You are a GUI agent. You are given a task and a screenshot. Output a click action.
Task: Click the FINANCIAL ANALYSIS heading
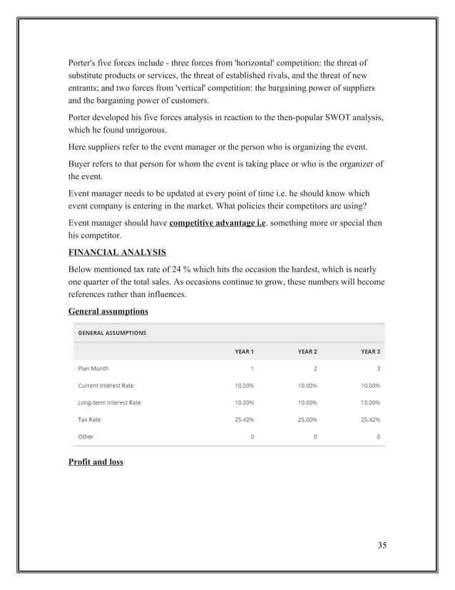click(x=117, y=251)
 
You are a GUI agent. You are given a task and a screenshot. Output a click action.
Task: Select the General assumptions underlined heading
click(x=108, y=311)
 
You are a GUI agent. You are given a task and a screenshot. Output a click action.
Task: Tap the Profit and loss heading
click(x=96, y=461)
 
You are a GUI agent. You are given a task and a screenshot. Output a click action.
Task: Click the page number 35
click(x=382, y=546)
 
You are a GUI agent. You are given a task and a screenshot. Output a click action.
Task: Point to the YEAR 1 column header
click(x=244, y=351)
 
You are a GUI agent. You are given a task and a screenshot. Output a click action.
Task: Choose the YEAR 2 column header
click(x=307, y=351)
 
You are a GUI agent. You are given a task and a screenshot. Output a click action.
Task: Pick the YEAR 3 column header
click(x=370, y=351)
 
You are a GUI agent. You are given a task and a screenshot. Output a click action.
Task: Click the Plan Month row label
click(x=93, y=369)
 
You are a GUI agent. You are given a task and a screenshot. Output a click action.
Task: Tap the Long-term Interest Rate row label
click(x=109, y=403)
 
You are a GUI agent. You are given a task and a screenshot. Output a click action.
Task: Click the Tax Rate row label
click(x=89, y=419)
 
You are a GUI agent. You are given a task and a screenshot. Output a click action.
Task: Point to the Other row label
click(x=85, y=436)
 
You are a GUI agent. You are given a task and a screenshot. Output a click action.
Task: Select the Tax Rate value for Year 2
click(x=307, y=419)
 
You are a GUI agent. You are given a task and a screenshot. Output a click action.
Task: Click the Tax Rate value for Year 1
click(x=244, y=419)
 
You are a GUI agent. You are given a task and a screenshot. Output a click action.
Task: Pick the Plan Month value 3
click(x=377, y=369)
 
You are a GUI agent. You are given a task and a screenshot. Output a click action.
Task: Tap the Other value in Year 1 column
click(x=252, y=436)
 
